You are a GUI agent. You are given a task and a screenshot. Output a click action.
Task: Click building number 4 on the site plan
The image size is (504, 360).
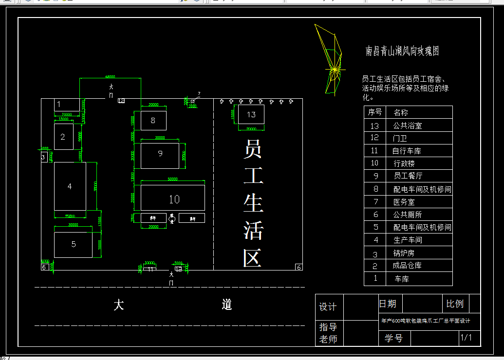point(70,186)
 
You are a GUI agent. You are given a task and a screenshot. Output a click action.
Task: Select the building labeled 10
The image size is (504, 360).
point(173,198)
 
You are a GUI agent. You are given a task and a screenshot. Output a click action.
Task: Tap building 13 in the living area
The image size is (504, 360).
point(251,115)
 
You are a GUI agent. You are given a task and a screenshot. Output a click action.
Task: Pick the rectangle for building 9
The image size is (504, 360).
point(160,155)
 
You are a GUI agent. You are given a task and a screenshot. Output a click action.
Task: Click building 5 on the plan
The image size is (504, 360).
point(73,245)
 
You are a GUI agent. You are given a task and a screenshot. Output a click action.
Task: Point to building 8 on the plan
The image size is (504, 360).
point(153,120)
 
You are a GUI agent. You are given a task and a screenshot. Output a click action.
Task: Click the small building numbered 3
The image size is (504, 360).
point(43,157)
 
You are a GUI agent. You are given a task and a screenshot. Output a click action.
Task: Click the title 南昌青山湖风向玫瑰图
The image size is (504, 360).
point(403,51)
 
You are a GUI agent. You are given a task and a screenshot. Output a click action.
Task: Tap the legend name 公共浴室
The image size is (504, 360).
point(407,126)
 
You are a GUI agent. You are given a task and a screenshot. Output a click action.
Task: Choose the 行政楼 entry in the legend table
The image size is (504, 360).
point(404,163)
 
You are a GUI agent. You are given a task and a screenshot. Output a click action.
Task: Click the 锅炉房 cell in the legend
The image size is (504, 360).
point(404,253)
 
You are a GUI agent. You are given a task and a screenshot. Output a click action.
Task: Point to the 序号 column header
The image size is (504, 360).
point(374,112)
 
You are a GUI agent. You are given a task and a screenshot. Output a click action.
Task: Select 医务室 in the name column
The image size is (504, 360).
point(404,202)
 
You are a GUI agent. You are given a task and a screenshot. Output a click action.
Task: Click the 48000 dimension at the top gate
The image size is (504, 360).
point(110,76)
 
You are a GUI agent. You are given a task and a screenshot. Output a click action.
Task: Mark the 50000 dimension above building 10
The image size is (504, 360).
point(172,179)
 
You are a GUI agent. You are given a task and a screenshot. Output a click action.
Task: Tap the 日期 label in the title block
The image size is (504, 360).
point(388,304)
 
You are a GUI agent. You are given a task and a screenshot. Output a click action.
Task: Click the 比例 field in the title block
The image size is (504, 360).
point(455,304)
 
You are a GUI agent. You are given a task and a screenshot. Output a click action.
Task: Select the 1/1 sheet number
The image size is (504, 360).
point(466,338)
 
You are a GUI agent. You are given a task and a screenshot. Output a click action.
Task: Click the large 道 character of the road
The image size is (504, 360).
point(227,305)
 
